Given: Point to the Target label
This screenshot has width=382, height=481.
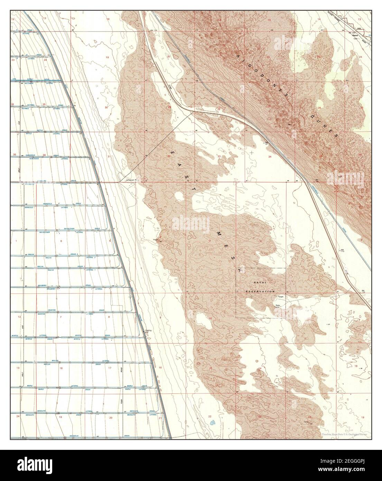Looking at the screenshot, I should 281,297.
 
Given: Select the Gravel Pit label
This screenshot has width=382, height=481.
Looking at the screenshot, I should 131,180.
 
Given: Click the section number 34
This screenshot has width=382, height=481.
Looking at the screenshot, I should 270,156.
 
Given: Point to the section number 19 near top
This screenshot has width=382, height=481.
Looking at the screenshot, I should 107,57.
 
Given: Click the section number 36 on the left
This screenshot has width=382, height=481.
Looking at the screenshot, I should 44,154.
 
